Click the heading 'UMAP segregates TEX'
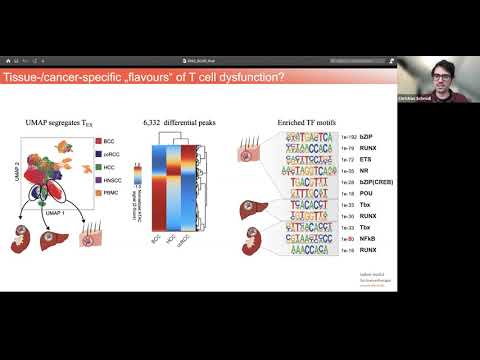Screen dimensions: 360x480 (x=67, y=122)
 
